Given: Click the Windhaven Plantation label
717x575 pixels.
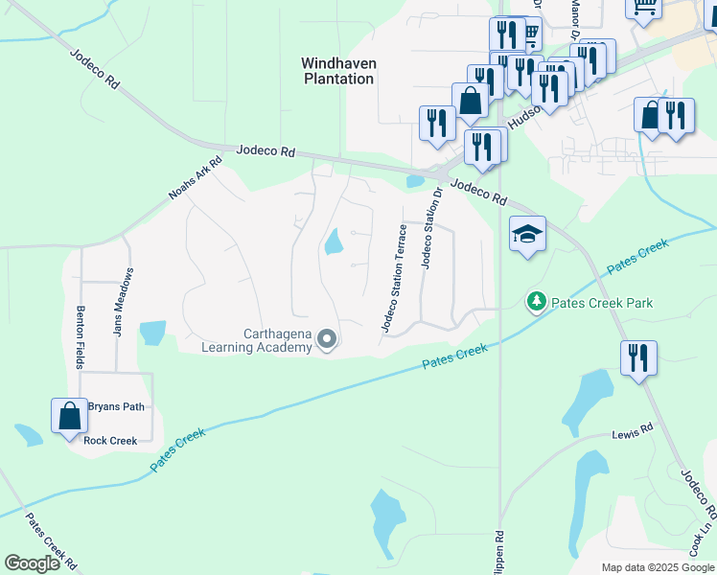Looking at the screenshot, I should pos(338,71).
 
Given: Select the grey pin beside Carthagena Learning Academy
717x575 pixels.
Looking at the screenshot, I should pos(327,338).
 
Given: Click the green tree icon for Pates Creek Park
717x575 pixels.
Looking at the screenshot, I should pos(537,303).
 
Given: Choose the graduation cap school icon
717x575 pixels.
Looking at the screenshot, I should pos(526,234).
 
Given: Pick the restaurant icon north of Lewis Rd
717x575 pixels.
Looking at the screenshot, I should pos(638,358).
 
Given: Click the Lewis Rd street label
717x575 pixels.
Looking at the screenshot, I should pos(632,435).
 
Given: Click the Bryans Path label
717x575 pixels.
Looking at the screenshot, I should pos(116,406).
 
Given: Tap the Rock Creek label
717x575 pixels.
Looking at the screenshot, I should pos(110,441).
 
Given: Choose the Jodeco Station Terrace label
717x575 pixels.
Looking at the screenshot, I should pos(394,278).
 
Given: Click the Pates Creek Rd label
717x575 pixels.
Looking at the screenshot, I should pos(50,542).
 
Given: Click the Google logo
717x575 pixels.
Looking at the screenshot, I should pos(32,563).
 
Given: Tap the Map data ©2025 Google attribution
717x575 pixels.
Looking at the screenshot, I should pos(658,567).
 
